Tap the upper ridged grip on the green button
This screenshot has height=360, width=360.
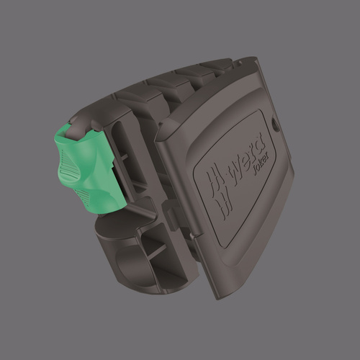click(x=70, y=166)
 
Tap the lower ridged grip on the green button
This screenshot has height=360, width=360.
click(x=83, y=197)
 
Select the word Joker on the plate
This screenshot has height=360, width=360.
click(x=260, y=162)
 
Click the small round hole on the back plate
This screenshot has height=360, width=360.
click(x=276, y=125)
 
